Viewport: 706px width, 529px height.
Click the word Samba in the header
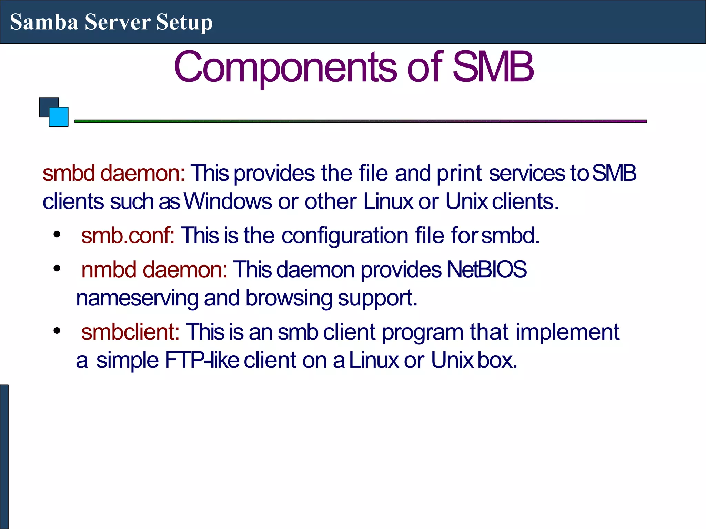44,22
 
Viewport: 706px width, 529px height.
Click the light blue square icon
59,117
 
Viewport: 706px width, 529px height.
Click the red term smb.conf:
128,236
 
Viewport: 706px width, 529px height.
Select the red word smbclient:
130,332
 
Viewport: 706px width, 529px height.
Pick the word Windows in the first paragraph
228,201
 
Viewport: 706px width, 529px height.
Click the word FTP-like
202,361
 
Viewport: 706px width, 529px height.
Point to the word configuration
345,236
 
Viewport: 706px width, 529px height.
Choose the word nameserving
137,298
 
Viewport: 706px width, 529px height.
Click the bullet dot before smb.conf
57,235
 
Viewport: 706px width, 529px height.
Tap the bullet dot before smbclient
57,331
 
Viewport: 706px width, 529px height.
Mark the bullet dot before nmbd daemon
57,268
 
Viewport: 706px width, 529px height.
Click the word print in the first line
459,173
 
